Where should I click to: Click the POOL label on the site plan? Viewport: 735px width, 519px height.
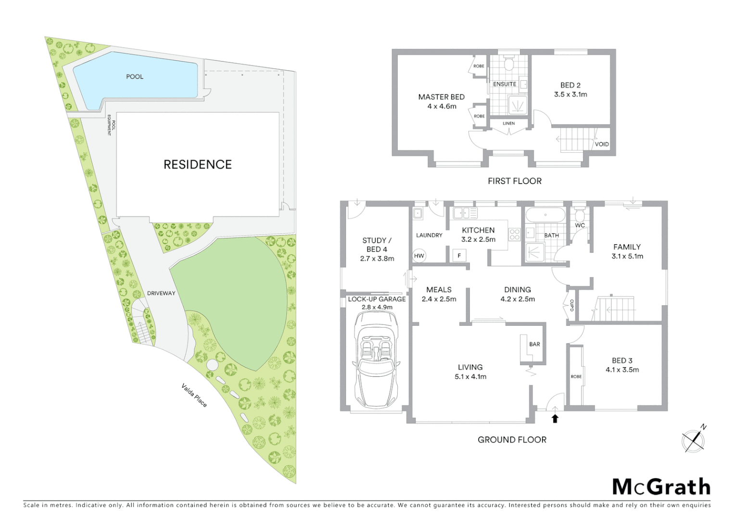click(x=135, y=76)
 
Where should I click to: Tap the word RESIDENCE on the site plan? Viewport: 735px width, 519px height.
click(x=198, y=164)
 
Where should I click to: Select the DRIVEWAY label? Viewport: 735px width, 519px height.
click(x=161, y=293)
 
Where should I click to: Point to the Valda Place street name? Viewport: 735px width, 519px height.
click(x=194, y=395)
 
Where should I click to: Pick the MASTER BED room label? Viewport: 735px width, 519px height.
click(x=441, y=97)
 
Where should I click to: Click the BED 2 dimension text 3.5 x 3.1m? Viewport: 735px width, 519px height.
click(x=570, y=94)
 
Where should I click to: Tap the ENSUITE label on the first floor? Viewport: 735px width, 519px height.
click(x=505, y=84)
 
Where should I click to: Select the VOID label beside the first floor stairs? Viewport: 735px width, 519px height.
click(x=602, y=144)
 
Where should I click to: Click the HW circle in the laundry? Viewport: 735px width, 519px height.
click(x=419, y=256)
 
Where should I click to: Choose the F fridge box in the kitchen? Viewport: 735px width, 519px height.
click(x=459, y=256)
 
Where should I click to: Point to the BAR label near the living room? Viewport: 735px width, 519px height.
click(x=534, y=344)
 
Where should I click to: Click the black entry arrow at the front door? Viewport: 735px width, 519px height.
click(x=555, y=419)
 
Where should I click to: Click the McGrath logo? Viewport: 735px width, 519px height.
click(x=661, y=487)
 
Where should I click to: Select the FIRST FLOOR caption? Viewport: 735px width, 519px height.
click(x=514, y=181)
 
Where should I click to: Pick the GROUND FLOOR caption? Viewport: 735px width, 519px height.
click(x=512, y=440)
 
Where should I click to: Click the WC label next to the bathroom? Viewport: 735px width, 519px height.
click(x=580, y=225)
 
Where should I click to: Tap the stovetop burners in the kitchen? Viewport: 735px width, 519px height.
click(x=514, y=235)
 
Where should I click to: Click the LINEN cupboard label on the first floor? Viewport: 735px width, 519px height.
click(x=508, y=124)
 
